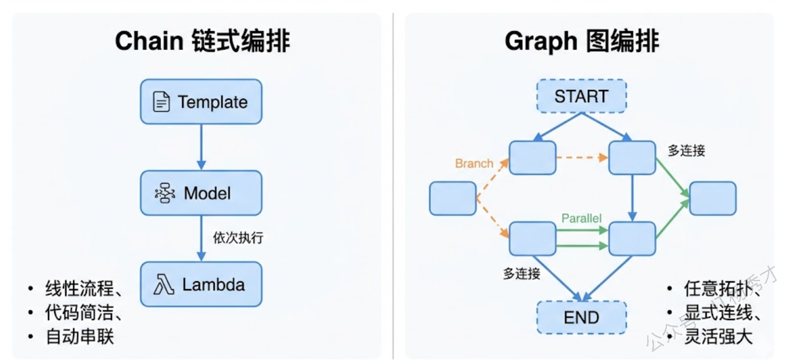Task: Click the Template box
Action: (201, 102)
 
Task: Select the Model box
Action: (201, 193)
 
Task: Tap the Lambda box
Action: (201, 285)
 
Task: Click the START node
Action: (581, 97)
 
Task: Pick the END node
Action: (581, 317)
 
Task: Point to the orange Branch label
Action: (474, 163)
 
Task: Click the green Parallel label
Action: (581, 218)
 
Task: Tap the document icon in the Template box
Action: (161, 102)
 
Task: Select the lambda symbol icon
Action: (163, 285)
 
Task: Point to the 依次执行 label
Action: (238, 237)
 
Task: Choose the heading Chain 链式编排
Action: (202, 41)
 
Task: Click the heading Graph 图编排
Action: (582, 41)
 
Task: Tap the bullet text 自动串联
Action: (80, 337)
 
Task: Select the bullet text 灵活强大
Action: (718, 337)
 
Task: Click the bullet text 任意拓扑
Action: (718, 288)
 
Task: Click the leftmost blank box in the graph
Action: (452, 198)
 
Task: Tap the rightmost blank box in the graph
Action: (713, 198)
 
